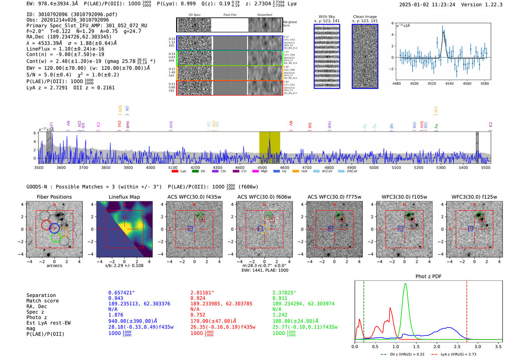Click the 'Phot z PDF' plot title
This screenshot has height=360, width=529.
428,277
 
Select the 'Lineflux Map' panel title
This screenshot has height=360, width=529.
124,197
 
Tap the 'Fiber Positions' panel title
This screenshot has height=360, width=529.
54,197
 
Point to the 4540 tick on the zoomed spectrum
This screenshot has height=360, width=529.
449,83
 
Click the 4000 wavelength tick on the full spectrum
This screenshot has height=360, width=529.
150,168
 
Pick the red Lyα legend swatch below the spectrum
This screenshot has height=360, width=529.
175,172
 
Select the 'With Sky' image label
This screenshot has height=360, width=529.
327,17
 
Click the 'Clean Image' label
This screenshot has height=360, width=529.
365,17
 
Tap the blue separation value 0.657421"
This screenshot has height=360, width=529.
121,293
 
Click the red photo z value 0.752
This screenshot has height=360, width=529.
198,315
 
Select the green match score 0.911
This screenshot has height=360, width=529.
280,298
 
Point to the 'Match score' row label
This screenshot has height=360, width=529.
42,301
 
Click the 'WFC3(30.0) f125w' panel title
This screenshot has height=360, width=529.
474,197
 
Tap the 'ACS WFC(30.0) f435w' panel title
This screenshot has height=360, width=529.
194,197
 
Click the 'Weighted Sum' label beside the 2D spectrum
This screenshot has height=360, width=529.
290,24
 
